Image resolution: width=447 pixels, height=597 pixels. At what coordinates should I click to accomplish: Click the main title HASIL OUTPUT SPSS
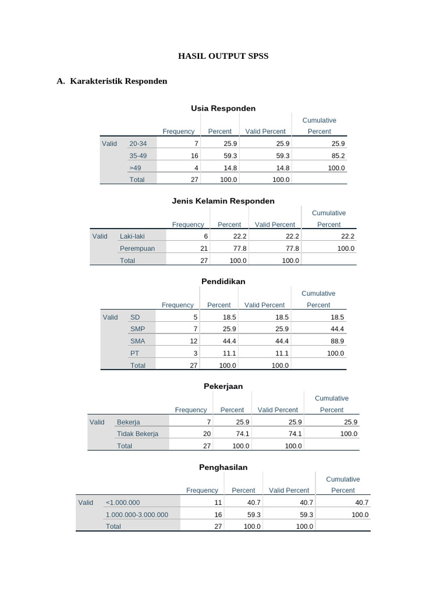223,57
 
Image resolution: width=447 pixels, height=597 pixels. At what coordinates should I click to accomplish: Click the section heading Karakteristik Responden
118,81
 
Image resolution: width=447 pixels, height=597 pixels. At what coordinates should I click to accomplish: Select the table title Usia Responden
223,108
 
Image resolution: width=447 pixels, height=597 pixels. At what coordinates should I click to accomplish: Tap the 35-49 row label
139,156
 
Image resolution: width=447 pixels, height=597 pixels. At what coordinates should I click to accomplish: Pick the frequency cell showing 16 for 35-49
194,156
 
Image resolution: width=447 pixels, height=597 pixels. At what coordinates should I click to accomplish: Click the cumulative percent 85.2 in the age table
338,156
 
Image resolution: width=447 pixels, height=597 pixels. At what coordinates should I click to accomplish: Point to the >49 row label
135,168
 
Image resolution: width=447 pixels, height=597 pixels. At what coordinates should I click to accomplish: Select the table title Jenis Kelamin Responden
223,201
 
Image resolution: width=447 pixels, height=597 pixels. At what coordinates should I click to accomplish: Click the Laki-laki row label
132,236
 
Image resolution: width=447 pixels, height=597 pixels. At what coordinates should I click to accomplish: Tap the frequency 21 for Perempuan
204,248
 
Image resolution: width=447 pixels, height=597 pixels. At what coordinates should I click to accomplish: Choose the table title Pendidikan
223,282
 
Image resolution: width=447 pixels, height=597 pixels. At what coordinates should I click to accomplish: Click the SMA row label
137,341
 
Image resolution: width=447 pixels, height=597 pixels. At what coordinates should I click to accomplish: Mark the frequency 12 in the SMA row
194,341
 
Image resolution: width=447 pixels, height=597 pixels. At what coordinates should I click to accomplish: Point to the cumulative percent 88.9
336,341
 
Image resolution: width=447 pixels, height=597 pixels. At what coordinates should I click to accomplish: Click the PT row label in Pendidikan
134,353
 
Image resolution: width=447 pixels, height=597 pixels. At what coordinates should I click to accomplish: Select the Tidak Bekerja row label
137,434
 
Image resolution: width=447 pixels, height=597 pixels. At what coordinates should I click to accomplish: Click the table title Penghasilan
223,468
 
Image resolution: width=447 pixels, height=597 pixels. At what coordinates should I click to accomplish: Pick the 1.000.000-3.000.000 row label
137,515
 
